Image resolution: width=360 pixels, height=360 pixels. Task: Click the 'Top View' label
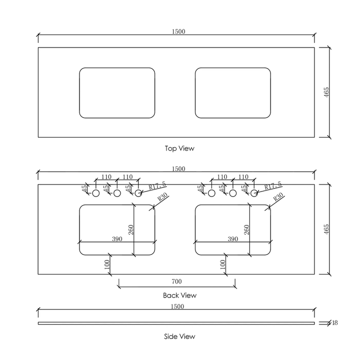[x=179, y=148]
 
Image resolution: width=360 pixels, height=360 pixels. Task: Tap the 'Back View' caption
[x=179, y=295]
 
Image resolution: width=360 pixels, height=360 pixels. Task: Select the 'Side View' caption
[x=179, y=336]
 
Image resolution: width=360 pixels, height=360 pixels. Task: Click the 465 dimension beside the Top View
[x=326, y=92]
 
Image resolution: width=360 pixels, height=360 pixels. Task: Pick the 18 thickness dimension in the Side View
[x=334, y=323]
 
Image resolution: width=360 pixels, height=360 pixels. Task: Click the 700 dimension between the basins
[x=176, y=282]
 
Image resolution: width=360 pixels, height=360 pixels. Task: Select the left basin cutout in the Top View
[x=117, y=93]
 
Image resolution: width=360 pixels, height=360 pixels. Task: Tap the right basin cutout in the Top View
[x=232, y=93]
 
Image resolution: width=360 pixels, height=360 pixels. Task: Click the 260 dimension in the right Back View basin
[x=246, y=229]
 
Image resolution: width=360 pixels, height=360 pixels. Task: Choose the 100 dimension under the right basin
[x=222, y=264]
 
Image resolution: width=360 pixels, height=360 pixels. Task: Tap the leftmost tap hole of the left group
[x=96, y=193]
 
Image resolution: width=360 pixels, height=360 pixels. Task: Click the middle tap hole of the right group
[x=232, y=193]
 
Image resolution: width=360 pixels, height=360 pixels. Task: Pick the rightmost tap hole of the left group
[x=138, y=193]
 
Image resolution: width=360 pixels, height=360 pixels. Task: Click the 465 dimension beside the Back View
[x=326, y=229]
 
